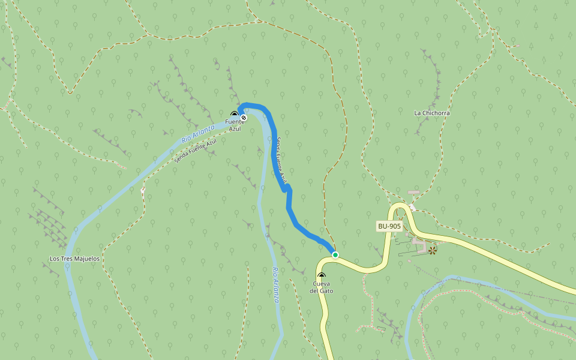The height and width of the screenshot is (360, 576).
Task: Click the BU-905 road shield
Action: click(389, 226)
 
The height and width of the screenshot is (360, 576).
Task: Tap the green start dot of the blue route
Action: click(335, 255)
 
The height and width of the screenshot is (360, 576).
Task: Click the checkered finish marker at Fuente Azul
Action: click(244, 118)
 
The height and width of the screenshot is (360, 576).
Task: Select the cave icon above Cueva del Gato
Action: click(322, 276)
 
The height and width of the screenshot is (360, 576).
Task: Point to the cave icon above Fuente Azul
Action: click(235, 113)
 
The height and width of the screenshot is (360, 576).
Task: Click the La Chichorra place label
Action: click(432, 113)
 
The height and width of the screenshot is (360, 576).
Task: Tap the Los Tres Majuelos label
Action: click(74, 259)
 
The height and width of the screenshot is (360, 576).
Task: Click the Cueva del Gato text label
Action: click(322, 287)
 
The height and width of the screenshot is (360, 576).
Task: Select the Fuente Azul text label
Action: click(235, 125)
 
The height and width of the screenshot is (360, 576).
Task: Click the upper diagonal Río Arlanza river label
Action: click(198, 134)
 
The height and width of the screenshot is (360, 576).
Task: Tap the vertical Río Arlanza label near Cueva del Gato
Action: click(275, 284)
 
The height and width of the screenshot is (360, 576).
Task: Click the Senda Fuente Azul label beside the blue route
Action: click(281, 160)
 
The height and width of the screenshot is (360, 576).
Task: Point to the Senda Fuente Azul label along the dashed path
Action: click(195, 151)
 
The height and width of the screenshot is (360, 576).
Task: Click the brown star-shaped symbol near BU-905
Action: click(432, 250)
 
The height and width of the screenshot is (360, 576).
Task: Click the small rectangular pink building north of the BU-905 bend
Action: click(413, 193)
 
